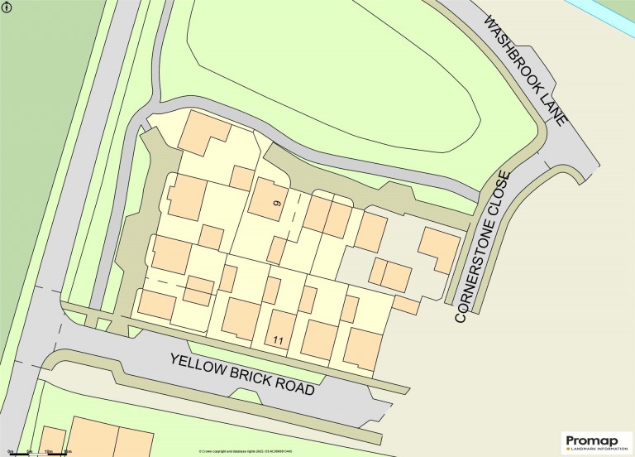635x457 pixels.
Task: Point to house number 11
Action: [278, 339]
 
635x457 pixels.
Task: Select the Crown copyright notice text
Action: [246, 450]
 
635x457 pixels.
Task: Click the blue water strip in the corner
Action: [613, 9]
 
